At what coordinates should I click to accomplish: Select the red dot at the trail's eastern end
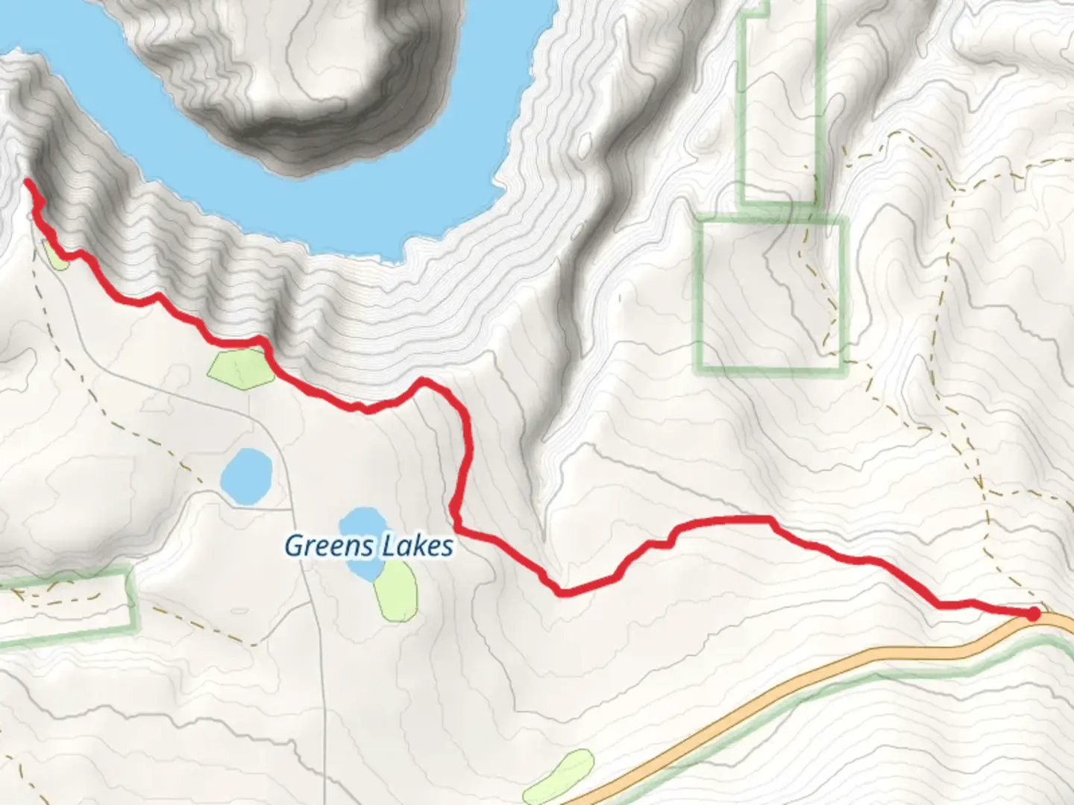1033,613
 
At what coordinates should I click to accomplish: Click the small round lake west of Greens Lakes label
246,476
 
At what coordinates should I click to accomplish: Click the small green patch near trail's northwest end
55,256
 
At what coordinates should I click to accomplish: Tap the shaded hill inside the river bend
313,82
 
